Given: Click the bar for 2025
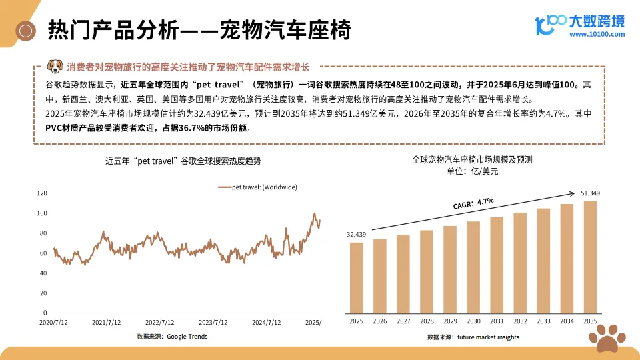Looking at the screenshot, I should point(357,277).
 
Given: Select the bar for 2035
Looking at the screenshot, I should point(590,257).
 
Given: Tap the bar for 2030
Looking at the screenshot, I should point(473,267).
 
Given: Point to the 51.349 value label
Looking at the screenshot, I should point(590,193).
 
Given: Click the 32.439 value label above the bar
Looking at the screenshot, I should point(357,234).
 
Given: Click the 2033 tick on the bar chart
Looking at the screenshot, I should point(543,321).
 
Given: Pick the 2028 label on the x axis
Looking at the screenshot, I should point(427,321).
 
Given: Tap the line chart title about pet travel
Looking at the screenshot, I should point(183,161).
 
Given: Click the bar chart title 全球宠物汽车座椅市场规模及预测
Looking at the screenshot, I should point(472,160).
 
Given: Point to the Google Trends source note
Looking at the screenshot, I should point(172,337).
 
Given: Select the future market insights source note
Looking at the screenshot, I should point(473,337).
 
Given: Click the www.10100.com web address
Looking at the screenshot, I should point(597,34).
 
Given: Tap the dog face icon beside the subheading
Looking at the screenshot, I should point(55,67).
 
